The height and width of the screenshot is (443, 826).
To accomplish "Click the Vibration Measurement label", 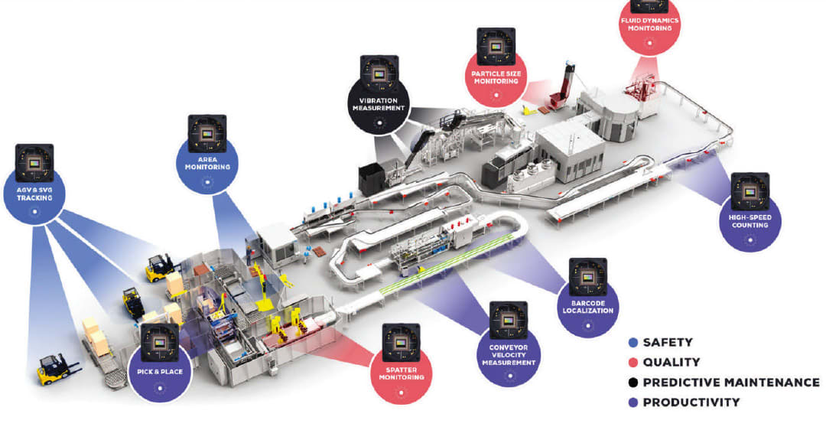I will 379,104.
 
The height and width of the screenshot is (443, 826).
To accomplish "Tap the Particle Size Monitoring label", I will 496,77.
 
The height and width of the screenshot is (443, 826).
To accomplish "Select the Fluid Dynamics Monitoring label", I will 649,24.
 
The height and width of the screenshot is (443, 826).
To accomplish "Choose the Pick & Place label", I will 160,370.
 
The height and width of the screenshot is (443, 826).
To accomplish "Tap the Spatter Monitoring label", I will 401,373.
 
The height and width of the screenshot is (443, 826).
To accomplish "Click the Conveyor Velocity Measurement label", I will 508,353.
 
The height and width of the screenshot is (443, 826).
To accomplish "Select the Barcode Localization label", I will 587,306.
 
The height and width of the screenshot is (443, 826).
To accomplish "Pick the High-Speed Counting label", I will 750,221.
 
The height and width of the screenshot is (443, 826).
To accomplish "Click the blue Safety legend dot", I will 632,343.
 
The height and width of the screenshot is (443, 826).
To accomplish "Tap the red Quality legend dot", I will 632,363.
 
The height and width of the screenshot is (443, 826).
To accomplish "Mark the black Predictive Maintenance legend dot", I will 632,383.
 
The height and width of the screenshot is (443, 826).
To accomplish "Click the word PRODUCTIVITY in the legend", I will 691,402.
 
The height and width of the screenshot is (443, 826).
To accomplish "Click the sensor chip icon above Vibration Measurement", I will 379,73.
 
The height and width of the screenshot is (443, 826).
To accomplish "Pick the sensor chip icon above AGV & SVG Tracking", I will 34,162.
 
